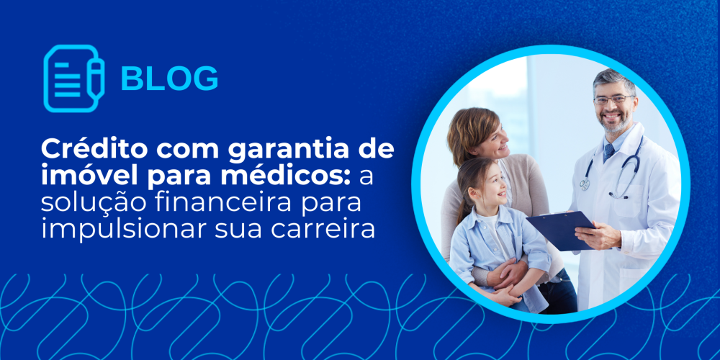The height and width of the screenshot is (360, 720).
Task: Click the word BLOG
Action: click(x=169, y=78)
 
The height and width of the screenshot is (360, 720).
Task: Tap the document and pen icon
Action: click(x=74, y=78)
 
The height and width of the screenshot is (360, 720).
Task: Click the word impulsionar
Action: click(x=124, y=228)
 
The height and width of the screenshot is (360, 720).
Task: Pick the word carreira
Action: click(x=323, y=228)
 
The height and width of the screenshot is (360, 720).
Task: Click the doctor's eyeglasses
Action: click(x=613, y=99)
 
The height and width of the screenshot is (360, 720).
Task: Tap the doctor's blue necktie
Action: click(x=609, y=152)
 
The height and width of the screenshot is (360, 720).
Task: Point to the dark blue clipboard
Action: click(x=561, y=230)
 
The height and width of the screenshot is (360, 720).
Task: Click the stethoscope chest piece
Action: click(x=585, y=184)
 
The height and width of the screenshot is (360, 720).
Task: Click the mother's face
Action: click(x=492, y=140)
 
